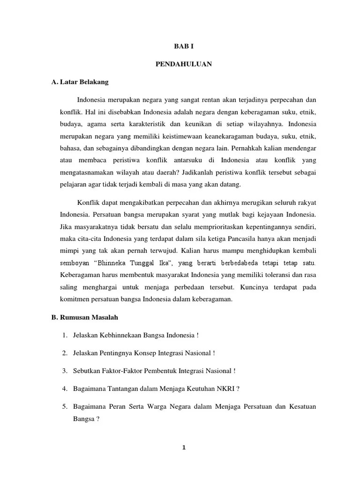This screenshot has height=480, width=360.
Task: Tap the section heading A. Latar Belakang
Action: (80, 82)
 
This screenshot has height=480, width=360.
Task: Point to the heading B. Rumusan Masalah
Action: (84, 317)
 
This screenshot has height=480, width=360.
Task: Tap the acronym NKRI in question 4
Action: (217, 388)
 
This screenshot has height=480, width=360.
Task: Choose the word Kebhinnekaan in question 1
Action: (120, 336)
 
